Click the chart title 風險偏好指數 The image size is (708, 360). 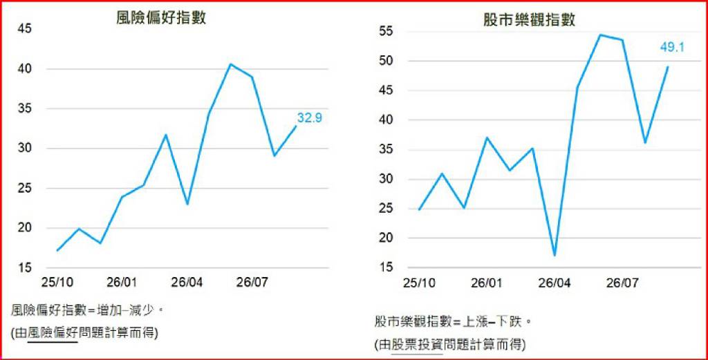[160, 17]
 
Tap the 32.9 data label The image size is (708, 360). [309, 118]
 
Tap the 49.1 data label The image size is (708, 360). [672, 46]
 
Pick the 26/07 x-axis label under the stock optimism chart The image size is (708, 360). [622, 283]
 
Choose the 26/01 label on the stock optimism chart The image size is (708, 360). [486, 283]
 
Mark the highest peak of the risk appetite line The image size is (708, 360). [230, 64]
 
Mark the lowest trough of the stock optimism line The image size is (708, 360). [555, 256]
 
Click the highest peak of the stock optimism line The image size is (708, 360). [600, 35]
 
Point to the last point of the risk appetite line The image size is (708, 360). [296, 126]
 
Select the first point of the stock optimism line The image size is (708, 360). [420, 209]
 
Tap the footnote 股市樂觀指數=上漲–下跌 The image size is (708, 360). [452, 323]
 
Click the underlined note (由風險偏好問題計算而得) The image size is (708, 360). [85, 333]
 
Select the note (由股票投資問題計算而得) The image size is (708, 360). [449, 345]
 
